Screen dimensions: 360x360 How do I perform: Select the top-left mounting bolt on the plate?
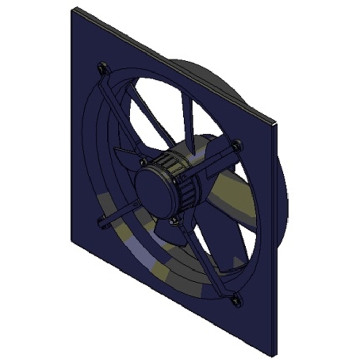(103, 66)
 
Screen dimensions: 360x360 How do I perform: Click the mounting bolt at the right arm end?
(237, 146)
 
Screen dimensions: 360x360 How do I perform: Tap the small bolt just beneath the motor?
(175, 222)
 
